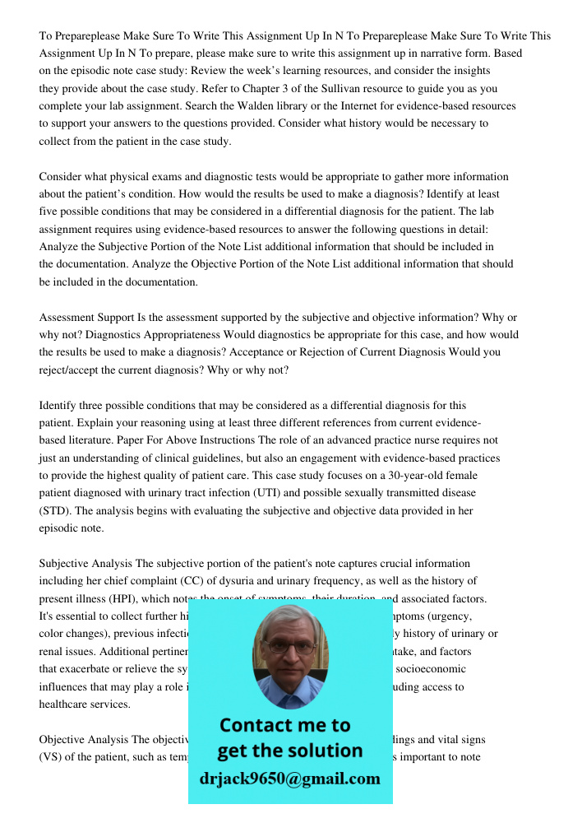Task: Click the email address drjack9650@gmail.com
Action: point(289,779)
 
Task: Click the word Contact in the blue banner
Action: point(261,725)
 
